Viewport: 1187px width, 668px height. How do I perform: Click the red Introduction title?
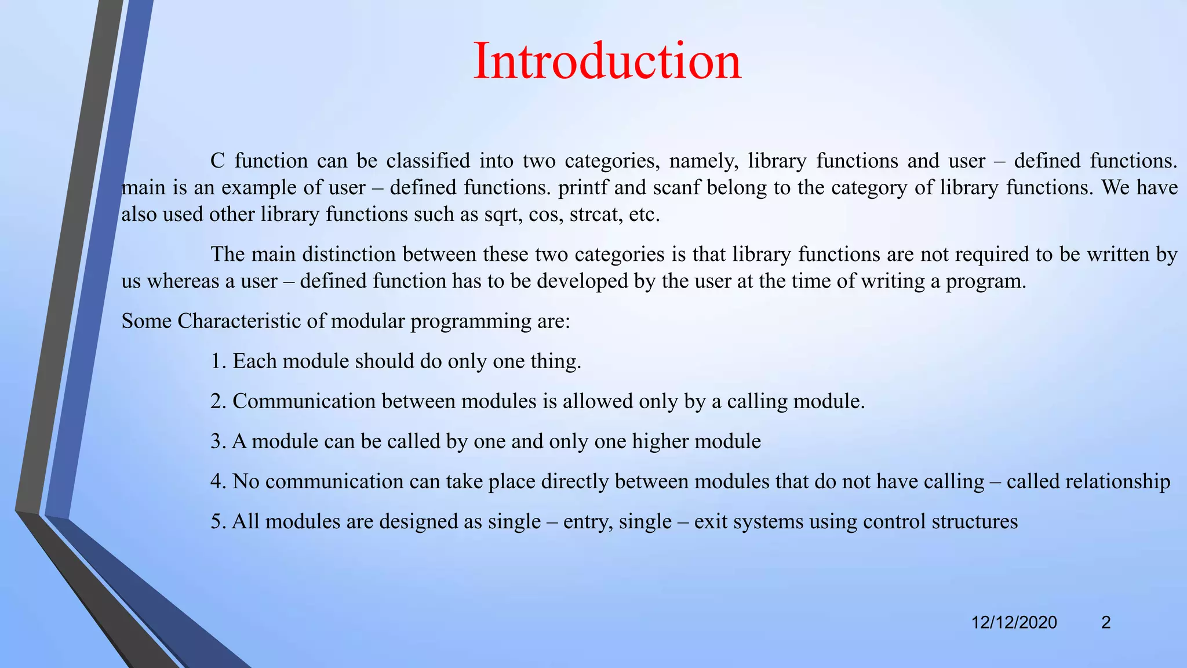[607, 61]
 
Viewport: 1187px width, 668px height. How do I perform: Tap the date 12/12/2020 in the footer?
[1014, 623]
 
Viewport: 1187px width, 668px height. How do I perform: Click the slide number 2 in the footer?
[1106, 623]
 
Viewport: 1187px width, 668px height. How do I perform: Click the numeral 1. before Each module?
[219, 361]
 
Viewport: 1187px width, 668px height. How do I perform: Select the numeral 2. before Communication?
[219, 401]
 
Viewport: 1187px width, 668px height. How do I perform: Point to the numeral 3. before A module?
[219, 442]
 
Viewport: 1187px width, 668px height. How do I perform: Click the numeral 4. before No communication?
[219, 482]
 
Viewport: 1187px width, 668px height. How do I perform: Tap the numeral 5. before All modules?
[219, 522]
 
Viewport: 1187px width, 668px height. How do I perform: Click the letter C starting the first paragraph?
[217, 161]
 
